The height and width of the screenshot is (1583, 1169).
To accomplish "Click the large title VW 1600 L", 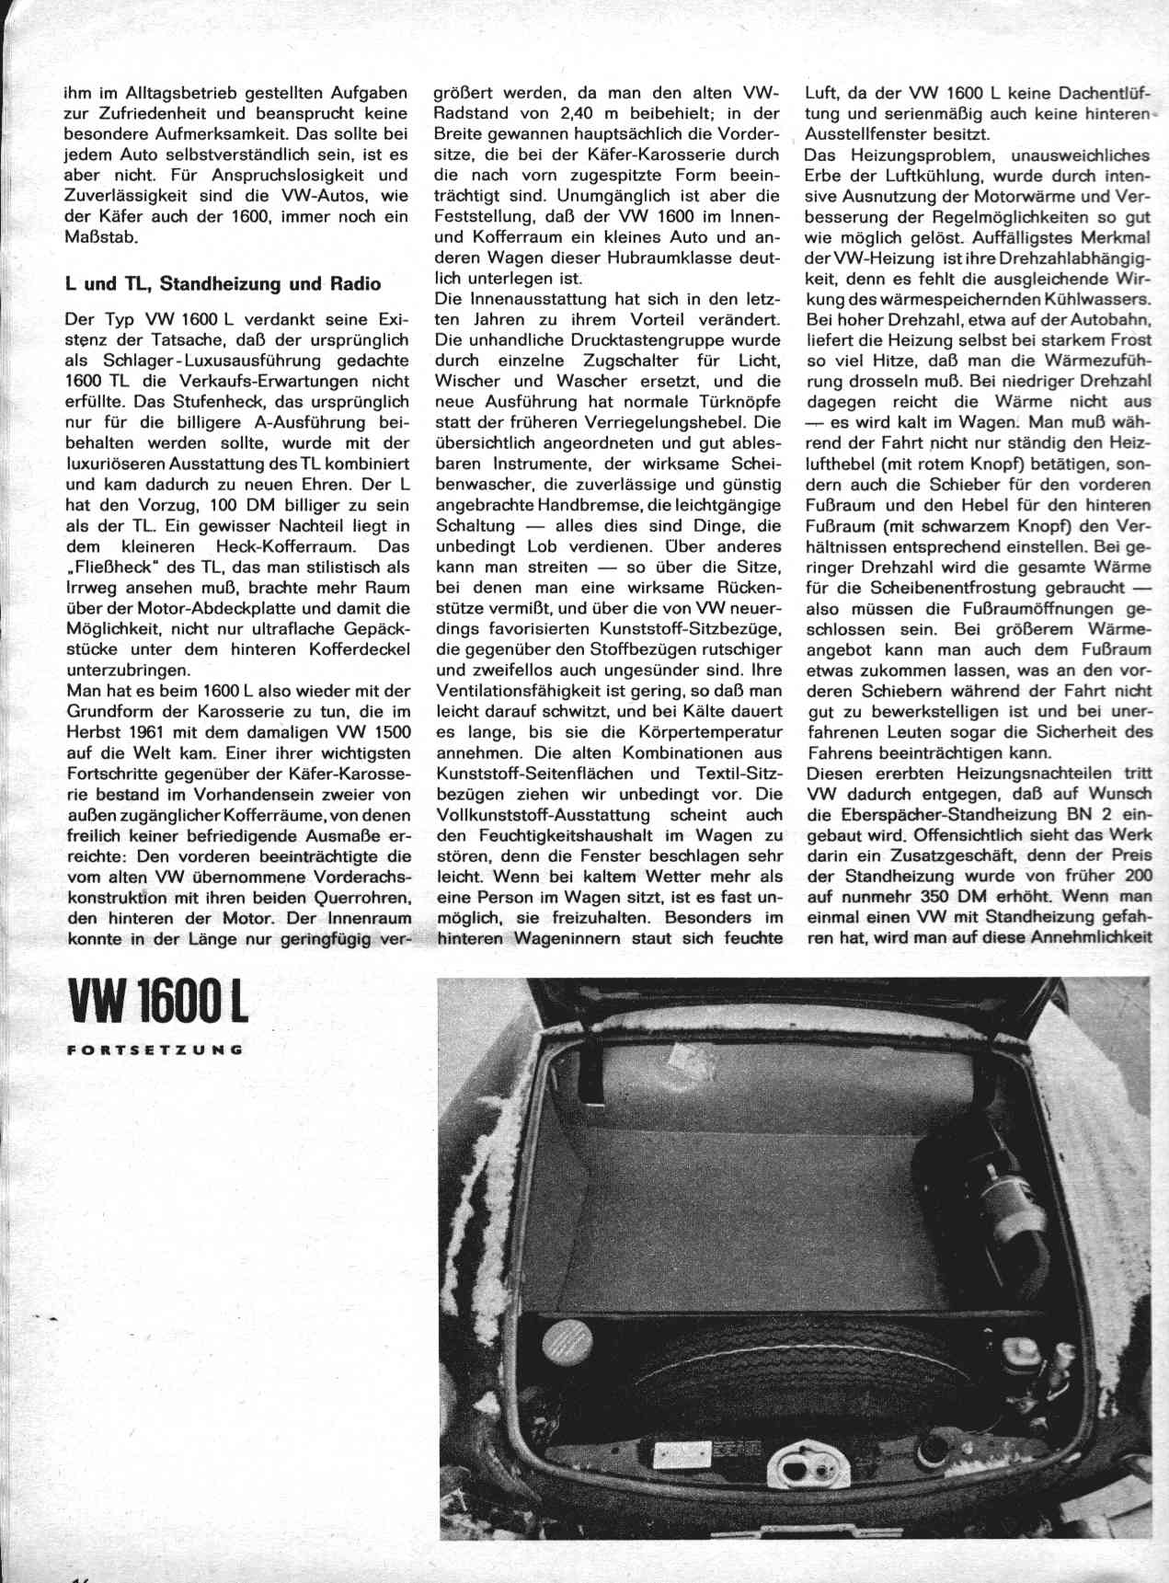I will (x=156, y=1005).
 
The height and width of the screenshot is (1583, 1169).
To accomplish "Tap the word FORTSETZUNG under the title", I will (x=155, y=1049).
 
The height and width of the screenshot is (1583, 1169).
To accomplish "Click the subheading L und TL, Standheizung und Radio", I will (x=223, y=283).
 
